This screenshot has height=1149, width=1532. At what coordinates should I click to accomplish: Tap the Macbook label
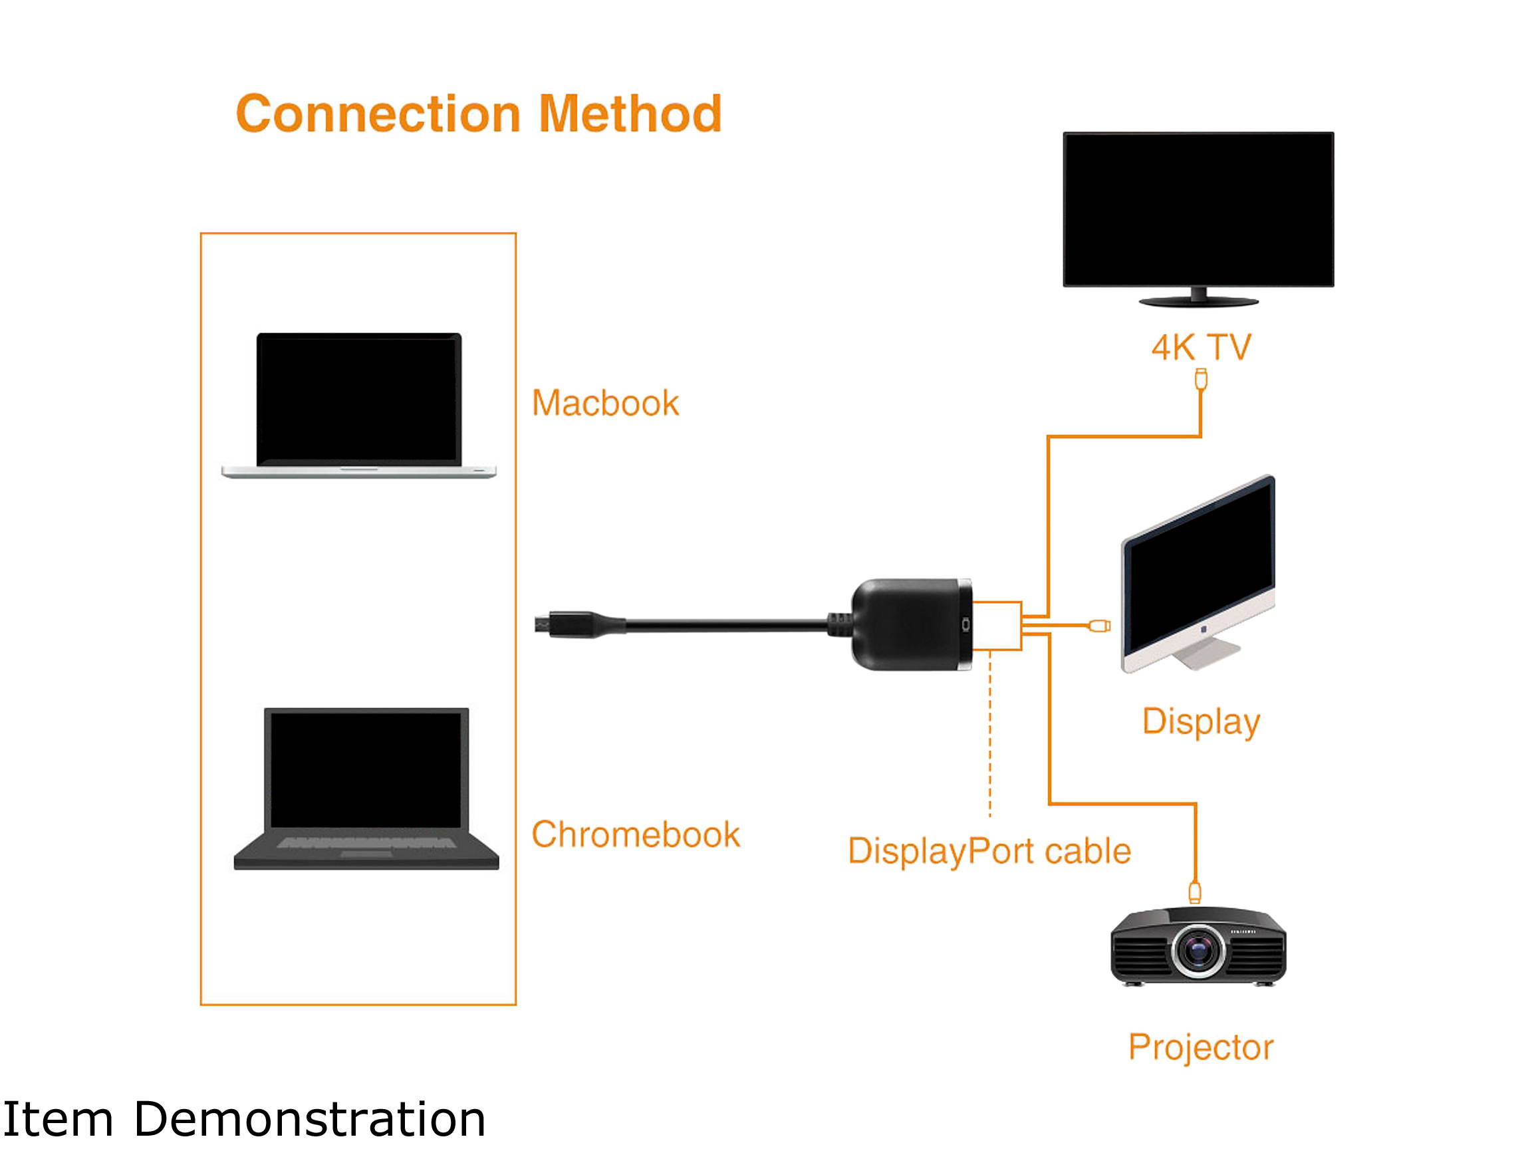604,403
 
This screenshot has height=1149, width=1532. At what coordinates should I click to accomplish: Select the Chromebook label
635,834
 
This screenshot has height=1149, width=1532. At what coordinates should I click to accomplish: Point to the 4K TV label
1201,347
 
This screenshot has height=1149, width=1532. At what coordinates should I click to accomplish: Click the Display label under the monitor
1200,721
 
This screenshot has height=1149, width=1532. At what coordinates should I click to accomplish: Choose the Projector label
1200,1047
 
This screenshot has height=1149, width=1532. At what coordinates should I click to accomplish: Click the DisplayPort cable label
989,850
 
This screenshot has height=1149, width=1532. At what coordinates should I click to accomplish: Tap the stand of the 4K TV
1198,299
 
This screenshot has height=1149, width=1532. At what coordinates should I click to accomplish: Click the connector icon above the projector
1195,892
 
